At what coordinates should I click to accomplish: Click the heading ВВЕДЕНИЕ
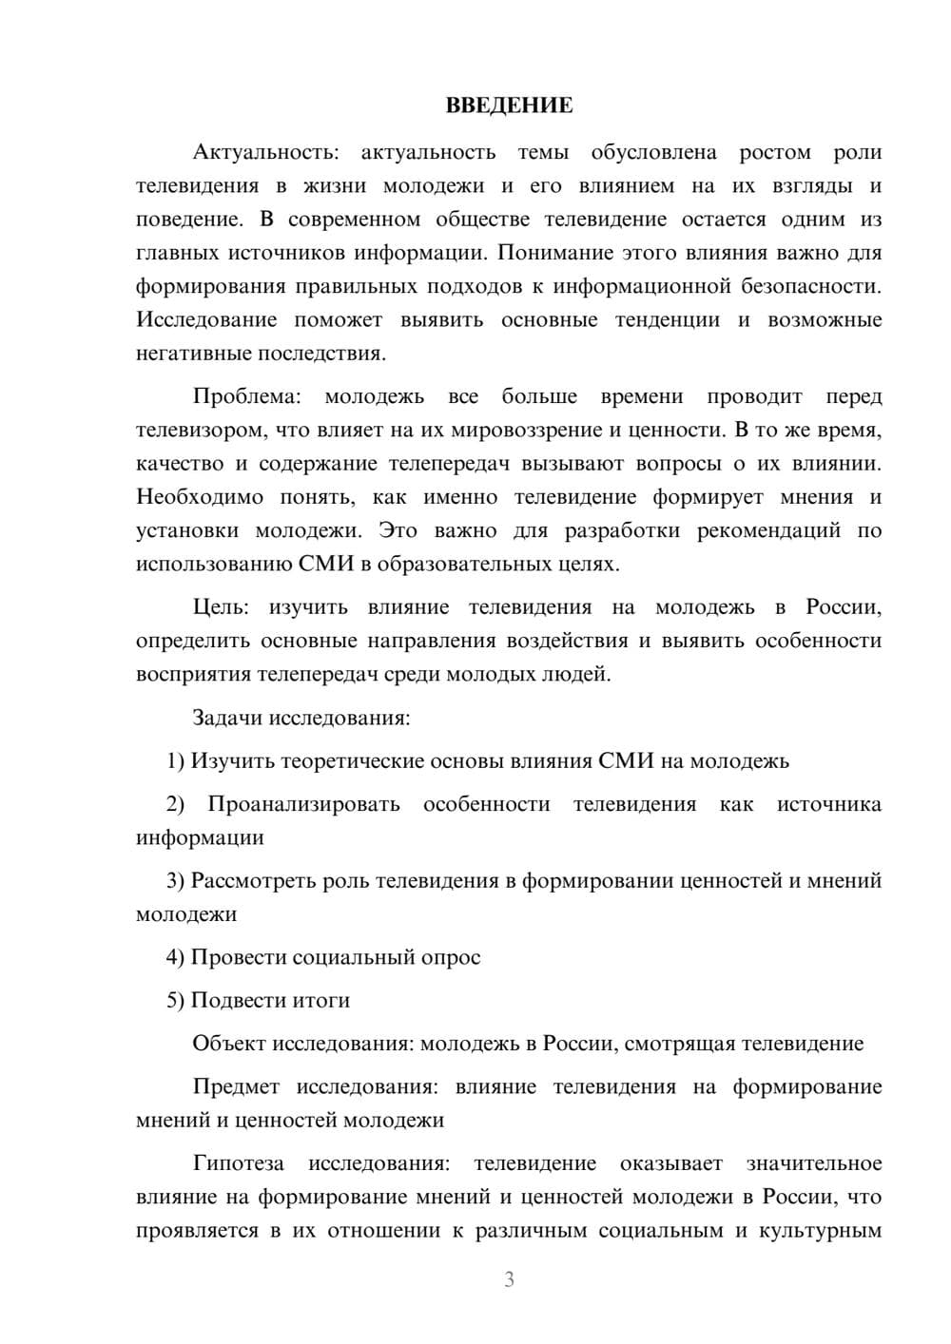[x=509, y=106]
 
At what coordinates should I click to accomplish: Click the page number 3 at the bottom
[x=509, y=1280]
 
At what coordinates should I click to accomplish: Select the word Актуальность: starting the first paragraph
[x=264, y=152]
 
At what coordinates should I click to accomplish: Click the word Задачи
[x=227, y=717]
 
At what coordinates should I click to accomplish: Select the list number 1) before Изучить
[x=175, y=760]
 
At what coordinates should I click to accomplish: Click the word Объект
[x=229, y=1044]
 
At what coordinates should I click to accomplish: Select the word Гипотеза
[x=239, y=1163]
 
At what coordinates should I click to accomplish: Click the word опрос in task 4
[x=450, y=957]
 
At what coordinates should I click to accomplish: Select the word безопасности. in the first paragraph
[x=816, y=286]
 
